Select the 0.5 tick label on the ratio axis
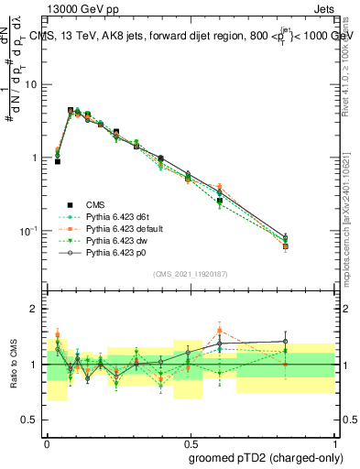click(31, 420)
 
